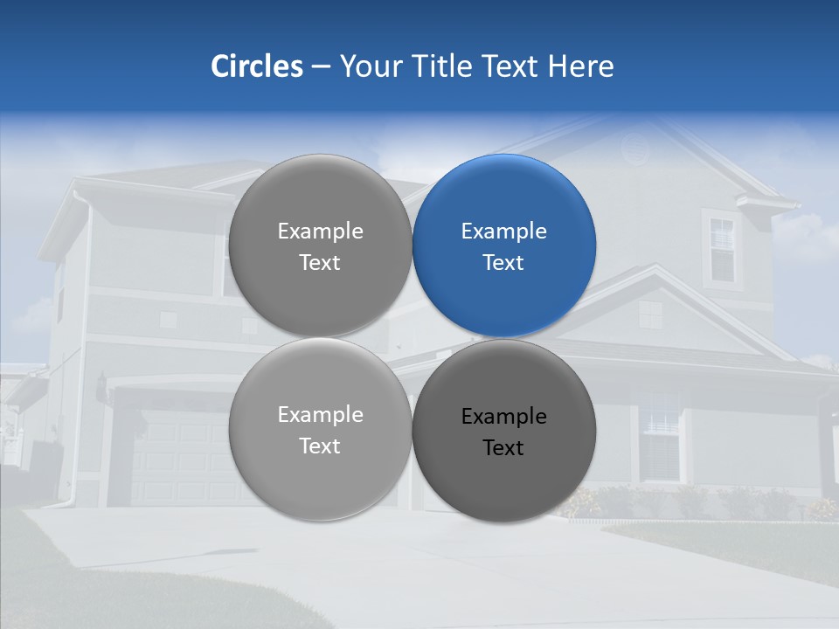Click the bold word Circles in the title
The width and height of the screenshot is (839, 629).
tap(257, 66)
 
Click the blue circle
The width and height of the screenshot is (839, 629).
tap(504, 245)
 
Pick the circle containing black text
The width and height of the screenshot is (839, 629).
tap(504, 431)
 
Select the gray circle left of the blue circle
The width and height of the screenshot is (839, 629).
tap(320, 245)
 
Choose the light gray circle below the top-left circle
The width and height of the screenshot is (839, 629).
tap(320, 430)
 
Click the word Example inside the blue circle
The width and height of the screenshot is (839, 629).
tap(504, 231)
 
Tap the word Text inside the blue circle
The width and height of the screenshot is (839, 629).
tap(504, 262)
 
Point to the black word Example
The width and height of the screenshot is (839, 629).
tap(504, 416)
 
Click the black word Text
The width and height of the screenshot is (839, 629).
tap(504, 447)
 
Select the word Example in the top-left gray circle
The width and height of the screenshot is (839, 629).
tap(320, 231)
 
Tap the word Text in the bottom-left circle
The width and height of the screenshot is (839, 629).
tap(320, 446)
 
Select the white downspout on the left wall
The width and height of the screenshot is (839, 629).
tap(84, 349)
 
